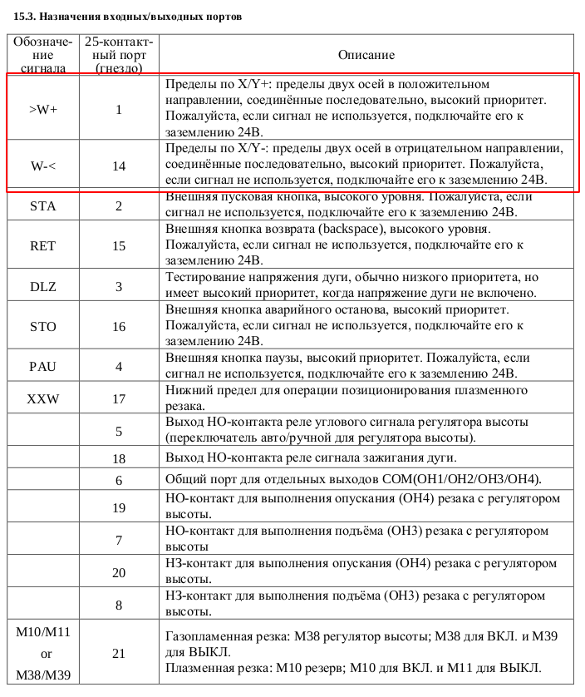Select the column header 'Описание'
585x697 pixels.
(366, 55)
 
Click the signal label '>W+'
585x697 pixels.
(42, 109)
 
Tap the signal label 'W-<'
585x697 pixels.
(42, 166)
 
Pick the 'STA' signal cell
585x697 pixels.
(42, 205)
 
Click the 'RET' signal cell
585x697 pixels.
(42, 245)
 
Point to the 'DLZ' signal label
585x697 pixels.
(42, 286)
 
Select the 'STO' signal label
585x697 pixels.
(42, 326)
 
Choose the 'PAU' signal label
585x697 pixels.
(42, 366)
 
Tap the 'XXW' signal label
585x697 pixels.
(42, 399)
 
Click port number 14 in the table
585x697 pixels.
(119, 166)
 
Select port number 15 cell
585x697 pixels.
(119, 245)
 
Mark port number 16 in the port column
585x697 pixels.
(119, 326)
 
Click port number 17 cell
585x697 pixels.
(119, 399)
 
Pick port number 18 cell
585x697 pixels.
(119, 458)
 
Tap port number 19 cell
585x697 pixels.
(119, 507)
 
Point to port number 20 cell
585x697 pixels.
(119, 572)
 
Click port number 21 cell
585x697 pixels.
(119, 653)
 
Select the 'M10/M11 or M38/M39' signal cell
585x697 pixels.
(42, 653)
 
